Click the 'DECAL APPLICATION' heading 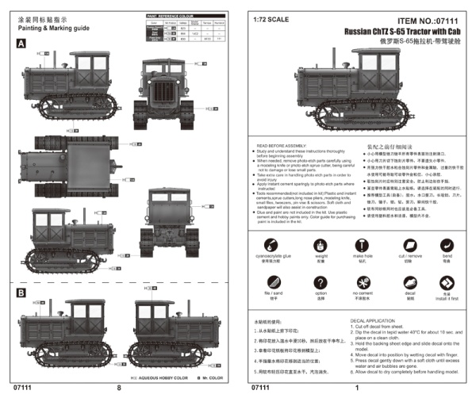[x=375, y=320]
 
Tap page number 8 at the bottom [x=119, y=388]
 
